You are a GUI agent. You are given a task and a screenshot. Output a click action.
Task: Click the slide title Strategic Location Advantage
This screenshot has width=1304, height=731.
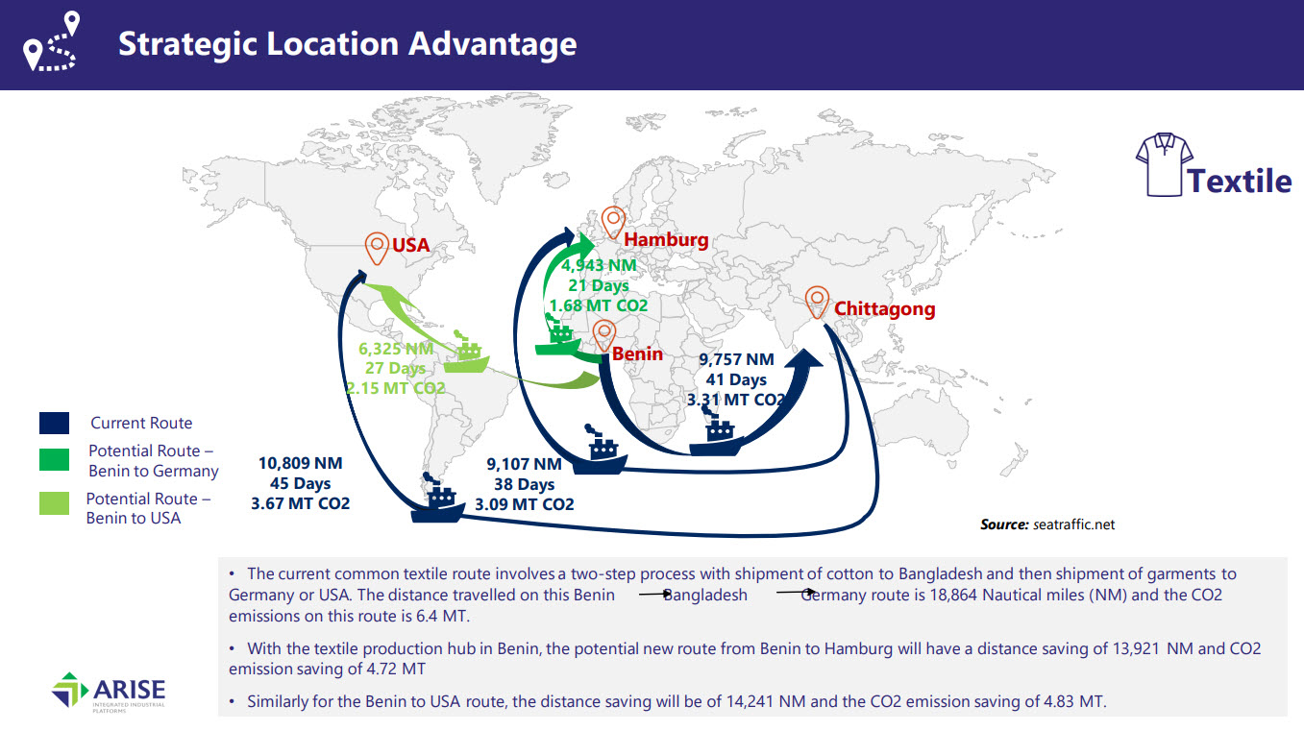[348, 44]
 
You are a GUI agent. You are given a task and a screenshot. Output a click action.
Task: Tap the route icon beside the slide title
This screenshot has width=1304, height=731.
[51, 41]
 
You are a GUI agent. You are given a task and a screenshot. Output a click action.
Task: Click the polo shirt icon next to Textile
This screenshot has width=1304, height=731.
[1164, 164]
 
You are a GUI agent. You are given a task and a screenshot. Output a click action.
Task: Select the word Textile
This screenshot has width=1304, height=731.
[1240, 181]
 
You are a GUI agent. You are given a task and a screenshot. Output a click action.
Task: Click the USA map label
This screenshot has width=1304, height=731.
[411, 245]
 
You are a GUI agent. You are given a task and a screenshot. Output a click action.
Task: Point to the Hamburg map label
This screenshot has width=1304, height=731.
[666, 240]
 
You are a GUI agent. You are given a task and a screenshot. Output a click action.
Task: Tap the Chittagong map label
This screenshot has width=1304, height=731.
[884, 308]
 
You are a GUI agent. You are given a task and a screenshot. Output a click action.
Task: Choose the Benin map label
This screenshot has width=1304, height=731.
[637, 353]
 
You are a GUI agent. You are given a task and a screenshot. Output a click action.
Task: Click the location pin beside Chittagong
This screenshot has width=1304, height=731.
[817, 302]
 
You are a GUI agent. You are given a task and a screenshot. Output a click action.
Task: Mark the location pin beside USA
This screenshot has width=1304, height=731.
[377, 249]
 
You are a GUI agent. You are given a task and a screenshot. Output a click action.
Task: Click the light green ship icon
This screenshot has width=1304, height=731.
[466, 353]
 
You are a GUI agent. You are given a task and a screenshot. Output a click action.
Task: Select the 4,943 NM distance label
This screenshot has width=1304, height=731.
[599, 265]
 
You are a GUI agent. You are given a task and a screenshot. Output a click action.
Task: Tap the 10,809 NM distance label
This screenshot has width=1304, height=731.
[301, 463]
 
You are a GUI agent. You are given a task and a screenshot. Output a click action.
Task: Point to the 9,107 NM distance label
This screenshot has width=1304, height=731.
[524, 464]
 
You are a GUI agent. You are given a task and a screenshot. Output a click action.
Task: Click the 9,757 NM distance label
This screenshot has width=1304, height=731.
[736, 359]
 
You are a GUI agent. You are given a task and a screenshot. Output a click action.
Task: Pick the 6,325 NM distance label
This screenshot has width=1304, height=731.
[396, 349]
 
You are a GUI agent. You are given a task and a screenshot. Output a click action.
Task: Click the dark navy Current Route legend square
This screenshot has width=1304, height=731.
[54, 423]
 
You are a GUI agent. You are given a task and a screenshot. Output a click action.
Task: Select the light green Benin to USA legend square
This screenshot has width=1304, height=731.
[54, 503]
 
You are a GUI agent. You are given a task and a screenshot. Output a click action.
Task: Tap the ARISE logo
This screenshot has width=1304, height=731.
[109, 692]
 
